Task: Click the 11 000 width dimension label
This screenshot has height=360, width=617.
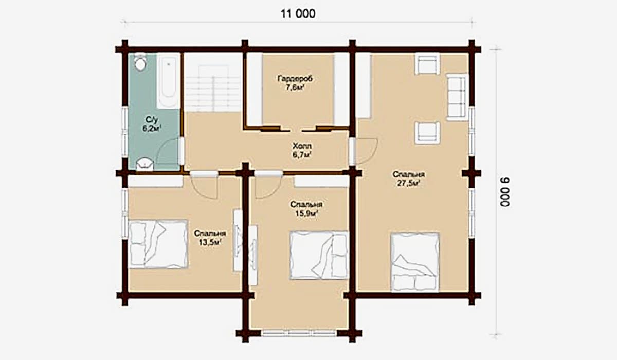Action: [298, 14]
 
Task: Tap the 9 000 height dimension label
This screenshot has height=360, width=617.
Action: [505, 192]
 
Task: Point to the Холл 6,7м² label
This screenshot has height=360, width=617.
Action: [302, 150]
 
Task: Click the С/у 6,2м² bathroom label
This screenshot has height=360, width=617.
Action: [152, 124]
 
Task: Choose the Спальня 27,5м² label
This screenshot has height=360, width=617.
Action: [408, 179]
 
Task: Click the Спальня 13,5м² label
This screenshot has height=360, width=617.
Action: [210, 238]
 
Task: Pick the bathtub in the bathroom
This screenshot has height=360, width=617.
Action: [168, 82]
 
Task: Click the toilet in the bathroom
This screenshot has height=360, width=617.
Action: [140, 63]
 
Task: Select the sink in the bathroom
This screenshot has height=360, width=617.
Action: [144, 164]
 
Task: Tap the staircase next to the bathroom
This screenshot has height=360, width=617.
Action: [213, 82]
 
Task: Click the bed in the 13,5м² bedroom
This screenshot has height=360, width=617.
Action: [158, 244]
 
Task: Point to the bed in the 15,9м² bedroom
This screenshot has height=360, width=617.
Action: [319, 255]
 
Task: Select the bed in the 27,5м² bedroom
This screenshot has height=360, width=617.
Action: [415, 262]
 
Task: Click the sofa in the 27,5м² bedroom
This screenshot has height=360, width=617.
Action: [457, 97]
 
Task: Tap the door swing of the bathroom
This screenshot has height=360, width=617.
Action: [168, 152]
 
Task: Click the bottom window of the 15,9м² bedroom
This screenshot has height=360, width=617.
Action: [299, 333]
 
